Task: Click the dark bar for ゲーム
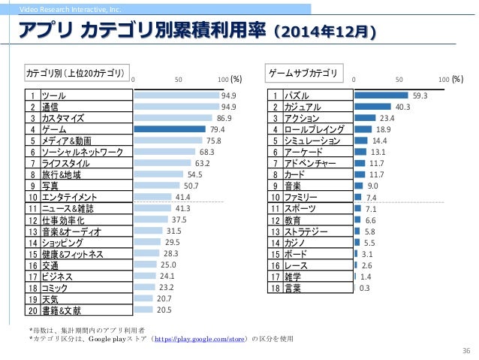169,129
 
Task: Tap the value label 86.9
224,118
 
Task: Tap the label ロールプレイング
316,129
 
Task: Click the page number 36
465,350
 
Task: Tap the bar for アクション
364,118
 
